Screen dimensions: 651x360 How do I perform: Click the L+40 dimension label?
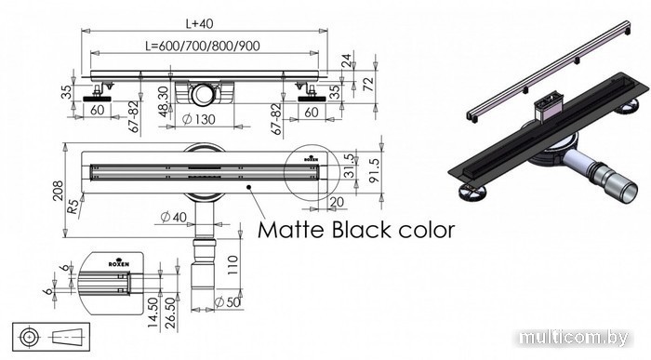pyautogui.click(x=199, y=23)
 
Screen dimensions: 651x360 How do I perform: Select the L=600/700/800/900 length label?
pyautogui.click(x=203, y=46)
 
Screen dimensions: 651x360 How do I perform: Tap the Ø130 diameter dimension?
pyautogui.click(x=199, y=120)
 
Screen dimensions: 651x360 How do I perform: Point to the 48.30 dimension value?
pyautogui.click(x=165, y=101)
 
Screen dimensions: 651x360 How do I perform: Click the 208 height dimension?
pyautogui.click(x=58, y=191)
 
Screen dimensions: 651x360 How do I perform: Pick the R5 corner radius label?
pyautogui.click(x=73, y=207)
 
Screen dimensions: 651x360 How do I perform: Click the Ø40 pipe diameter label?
pyautogui.click(x=174, y=217)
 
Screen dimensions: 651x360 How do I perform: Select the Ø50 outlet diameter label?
pyautogui.click(x=227, y=302)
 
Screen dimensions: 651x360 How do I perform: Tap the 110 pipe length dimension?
pyautogui.click(x=232, y=265)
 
